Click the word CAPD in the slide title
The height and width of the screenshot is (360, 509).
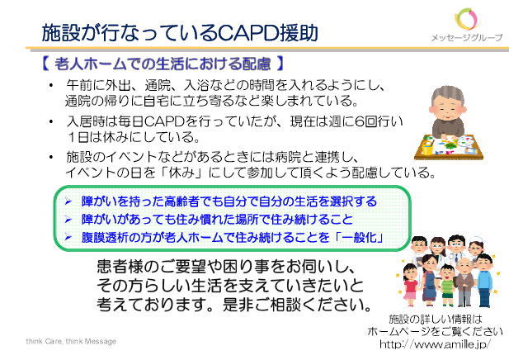coord(247,32)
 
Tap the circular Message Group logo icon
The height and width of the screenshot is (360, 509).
coord(467,19)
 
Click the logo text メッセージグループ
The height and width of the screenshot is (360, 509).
coord(466,38)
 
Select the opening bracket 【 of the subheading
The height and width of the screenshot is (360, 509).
coord(45,64)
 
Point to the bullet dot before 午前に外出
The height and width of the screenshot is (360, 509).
coord(50,85)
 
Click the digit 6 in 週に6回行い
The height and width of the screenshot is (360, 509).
coord(360,121)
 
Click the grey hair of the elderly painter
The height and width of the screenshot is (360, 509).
coord(448,95)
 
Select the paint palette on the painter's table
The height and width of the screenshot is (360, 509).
coord(467,142)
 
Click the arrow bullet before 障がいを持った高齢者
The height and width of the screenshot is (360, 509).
coord(68,201)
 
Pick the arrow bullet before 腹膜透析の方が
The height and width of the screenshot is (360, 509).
coord(68,237)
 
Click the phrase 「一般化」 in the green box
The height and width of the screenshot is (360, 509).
coord(359,237)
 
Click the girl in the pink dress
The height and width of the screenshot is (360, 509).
coord(410,285)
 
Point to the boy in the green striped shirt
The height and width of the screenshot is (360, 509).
coord(447,285)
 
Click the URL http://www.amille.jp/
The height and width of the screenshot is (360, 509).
coord(435,343)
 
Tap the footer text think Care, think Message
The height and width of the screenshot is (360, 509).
coord(71,341)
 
